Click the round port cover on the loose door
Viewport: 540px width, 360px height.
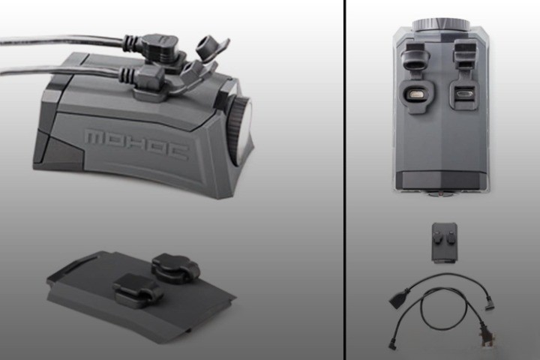click(175, 268)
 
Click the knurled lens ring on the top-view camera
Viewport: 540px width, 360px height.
click(441, 25)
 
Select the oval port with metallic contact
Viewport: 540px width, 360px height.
click(417, 94)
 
